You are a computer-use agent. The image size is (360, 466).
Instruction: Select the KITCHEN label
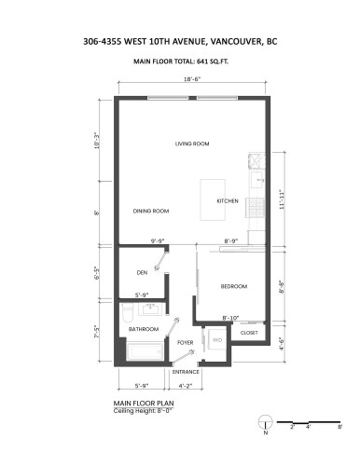coord(228,201)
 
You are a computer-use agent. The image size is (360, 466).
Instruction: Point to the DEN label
coord(142,273)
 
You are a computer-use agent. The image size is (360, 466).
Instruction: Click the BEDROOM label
coord(233,286)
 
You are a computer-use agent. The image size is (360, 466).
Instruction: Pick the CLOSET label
coord(249,332)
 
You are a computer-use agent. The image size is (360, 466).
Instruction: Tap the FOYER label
coord(185,342)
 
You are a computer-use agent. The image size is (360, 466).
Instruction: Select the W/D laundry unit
coord(217,340)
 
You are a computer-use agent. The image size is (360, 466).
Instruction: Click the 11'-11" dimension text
coord(281,200)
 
